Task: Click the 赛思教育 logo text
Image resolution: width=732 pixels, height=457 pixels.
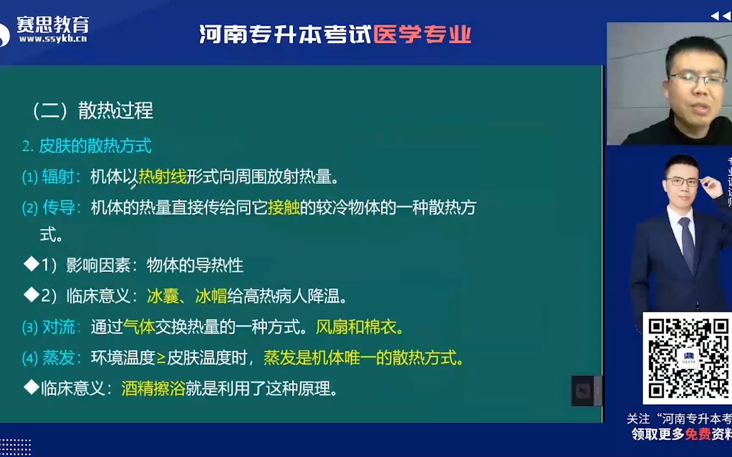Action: click(x=53, y=25)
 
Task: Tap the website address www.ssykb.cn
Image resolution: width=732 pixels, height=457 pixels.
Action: click(x=53, y=39)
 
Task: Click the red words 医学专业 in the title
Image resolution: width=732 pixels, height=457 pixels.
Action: click(x=422, y=34)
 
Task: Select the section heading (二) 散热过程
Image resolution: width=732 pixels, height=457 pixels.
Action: click(x=93, y=111)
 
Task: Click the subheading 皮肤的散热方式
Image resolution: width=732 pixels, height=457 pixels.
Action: click(x=95, y=146)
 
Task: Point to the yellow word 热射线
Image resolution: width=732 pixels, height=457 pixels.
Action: click(x=163, y=176)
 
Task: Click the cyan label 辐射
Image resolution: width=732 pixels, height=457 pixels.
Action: click(x=58, y=176)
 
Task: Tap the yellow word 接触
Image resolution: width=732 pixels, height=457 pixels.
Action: click(x=284, y=207)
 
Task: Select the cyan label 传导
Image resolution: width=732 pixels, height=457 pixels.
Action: click(x=58, y=207)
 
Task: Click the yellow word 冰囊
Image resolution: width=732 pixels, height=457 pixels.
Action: click(x=163, y=296)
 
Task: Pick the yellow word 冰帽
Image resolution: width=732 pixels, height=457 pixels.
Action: click(x=211, y=296)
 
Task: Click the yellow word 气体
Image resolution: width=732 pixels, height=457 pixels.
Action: click(x=139, y=327)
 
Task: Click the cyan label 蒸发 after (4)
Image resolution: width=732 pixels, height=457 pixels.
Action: click(x=58, y=358)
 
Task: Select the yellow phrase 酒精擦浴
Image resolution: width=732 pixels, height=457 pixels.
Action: click(x=153, y=388)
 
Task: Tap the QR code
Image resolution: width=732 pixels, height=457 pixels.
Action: click(x=687, y=358)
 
